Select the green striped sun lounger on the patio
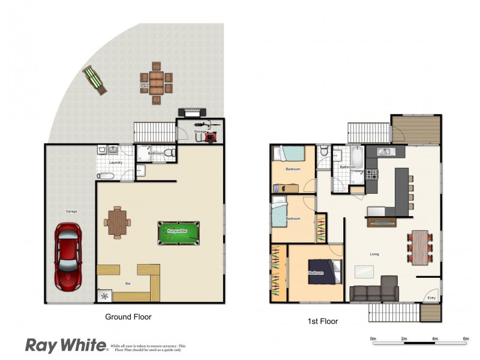95,79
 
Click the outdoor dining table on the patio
157,83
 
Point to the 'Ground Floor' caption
128,317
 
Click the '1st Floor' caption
322,322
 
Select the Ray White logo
64,345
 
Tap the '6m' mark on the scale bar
466,340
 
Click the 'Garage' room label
71,211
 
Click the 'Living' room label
374,254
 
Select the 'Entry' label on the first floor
431,298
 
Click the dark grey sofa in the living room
374,290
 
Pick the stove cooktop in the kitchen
372,175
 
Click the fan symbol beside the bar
105,296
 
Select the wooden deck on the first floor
416,130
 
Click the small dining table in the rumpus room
117,222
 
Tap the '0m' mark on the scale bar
373,340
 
